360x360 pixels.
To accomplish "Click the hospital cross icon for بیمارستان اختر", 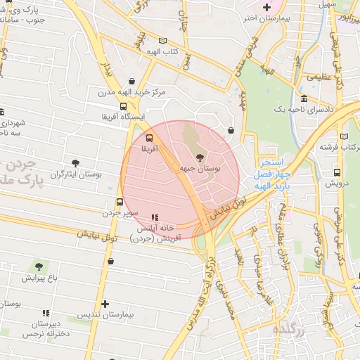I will point(266,8).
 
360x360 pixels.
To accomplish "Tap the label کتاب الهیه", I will point(162,52).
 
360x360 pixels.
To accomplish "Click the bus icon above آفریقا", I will point(149,138).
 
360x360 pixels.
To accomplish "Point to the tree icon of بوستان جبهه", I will point(201,158).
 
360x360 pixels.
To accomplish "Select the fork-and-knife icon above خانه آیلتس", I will point(155,217).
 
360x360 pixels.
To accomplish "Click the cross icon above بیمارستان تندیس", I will point(105,304).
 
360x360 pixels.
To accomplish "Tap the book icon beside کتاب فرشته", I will point(343,136).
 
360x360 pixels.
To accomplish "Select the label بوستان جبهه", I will point(201,169).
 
